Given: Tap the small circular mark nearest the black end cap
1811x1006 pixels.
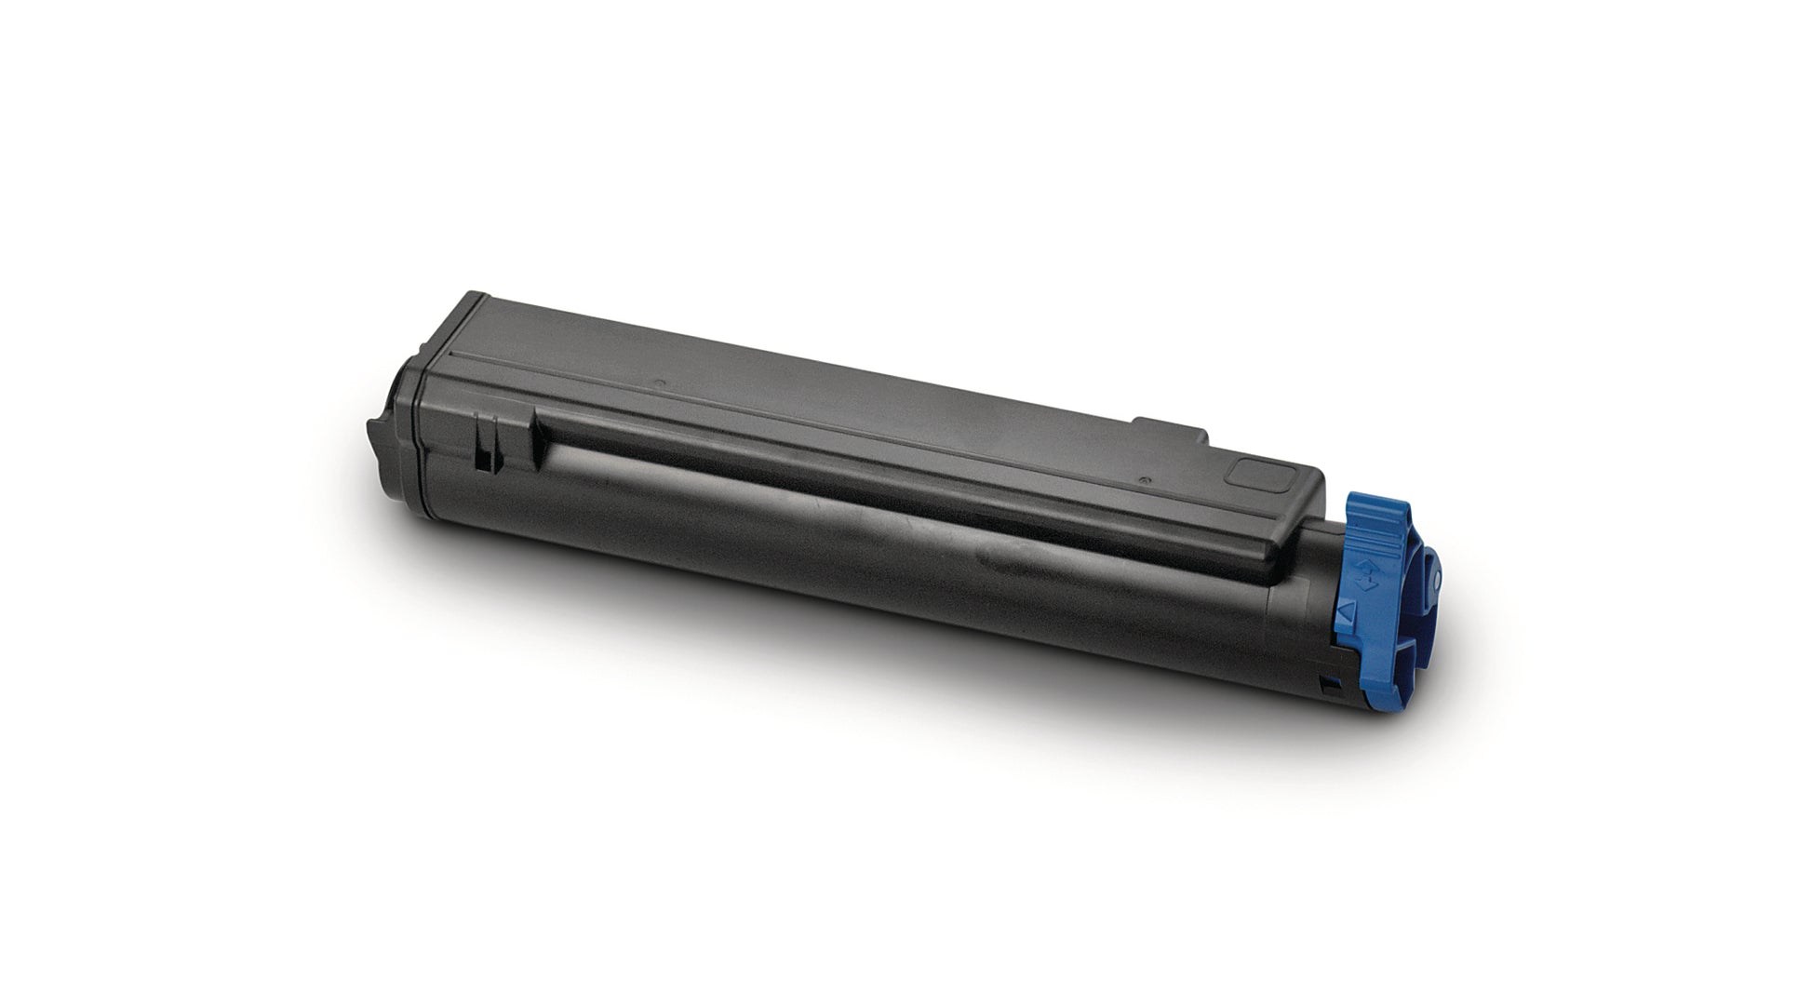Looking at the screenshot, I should pos(659,382).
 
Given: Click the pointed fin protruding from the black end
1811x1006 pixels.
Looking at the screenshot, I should pos(375,437).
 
